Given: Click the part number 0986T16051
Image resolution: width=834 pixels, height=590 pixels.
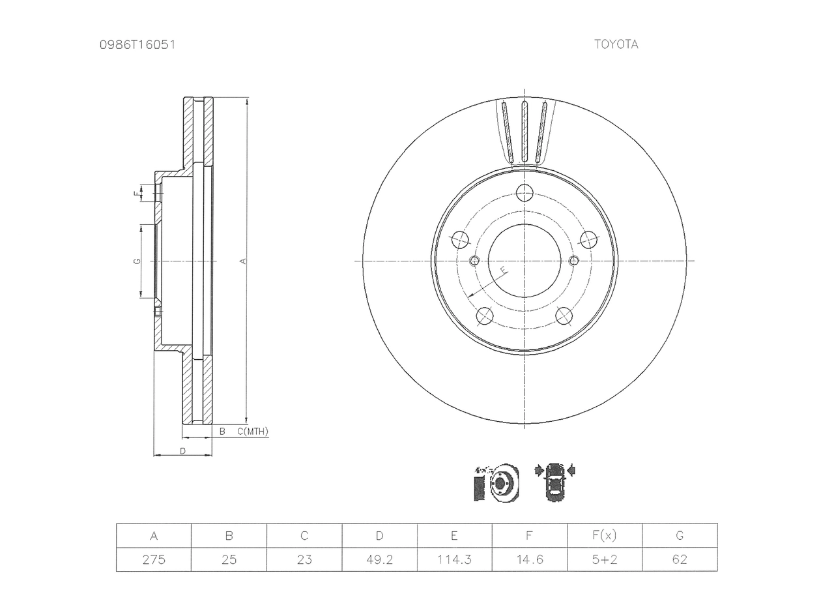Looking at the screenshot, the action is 137,45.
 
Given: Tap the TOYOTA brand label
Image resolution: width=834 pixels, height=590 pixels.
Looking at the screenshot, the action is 616,44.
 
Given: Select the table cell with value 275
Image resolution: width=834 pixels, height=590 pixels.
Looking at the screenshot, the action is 154,559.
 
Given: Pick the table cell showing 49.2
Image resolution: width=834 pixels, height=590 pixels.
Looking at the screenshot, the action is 379,559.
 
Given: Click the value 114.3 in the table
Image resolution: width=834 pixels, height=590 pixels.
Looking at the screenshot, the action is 455,559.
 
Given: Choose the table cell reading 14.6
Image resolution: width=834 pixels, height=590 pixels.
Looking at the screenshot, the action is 530,559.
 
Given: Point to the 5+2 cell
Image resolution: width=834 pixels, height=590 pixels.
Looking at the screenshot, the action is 605,559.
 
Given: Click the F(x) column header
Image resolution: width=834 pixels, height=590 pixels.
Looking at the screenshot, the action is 605,536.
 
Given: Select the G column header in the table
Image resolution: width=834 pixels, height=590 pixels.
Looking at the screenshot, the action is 680,536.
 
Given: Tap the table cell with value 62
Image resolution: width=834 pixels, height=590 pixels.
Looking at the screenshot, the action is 680,559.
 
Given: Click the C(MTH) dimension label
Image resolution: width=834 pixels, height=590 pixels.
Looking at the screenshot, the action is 253,432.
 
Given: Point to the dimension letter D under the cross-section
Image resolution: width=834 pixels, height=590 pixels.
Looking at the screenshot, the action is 182,451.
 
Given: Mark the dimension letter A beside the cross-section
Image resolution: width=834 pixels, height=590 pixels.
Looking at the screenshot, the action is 243,261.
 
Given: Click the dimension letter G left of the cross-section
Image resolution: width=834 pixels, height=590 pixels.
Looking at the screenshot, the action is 137,261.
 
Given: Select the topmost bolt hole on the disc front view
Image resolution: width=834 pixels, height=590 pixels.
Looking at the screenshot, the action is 525,192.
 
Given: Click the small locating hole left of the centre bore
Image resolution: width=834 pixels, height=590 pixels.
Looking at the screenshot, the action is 475,261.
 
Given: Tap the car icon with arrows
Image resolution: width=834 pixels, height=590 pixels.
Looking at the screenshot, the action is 554,482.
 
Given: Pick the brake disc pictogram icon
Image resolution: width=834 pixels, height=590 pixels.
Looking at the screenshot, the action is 496,482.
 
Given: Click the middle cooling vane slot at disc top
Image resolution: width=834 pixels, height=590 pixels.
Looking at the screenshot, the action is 525,131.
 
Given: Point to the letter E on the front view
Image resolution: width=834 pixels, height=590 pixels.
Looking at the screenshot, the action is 503,270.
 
